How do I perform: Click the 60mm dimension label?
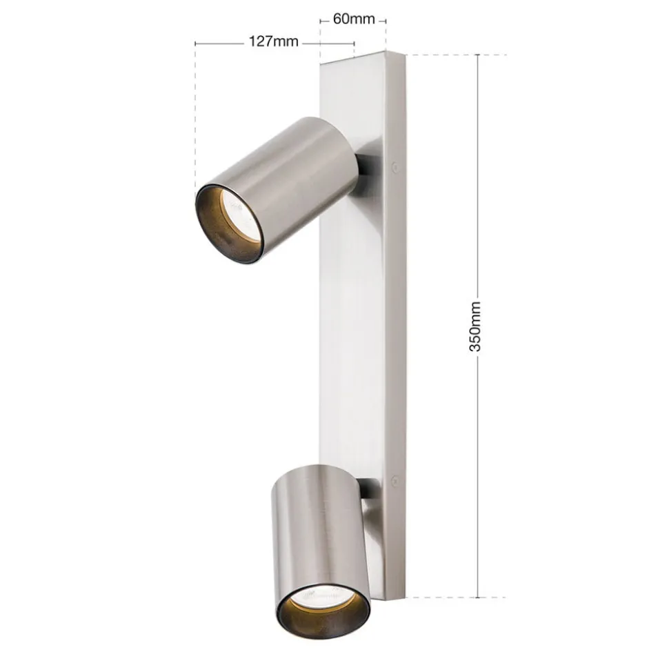coord(354,19)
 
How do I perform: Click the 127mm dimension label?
coord(273,42)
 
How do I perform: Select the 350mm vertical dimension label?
coord(475,326)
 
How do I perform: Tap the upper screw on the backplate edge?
coord(395,166)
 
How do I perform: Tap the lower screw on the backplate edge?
coord(395,482)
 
